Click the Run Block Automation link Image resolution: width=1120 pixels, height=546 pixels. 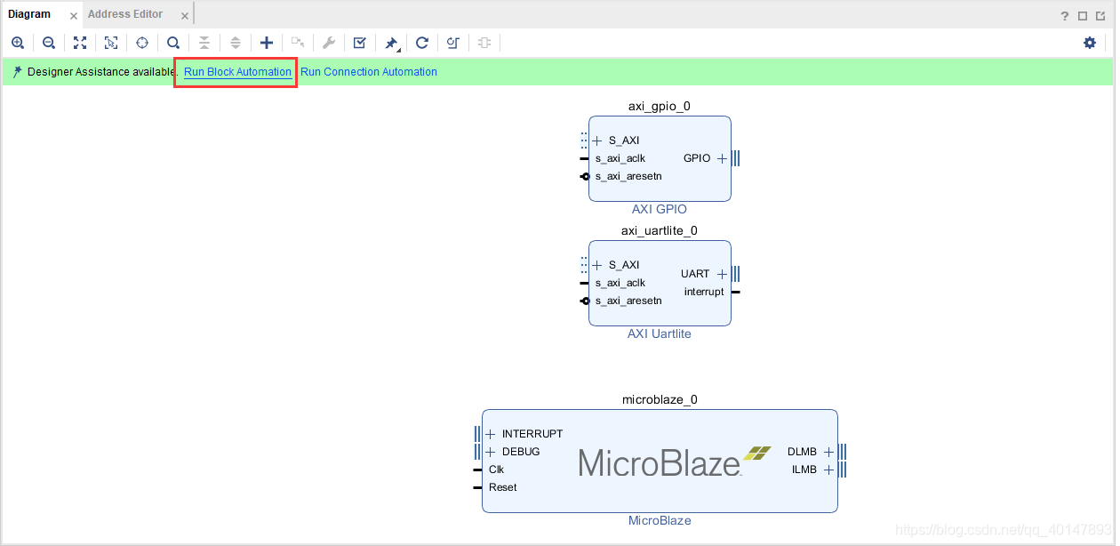[x=237, y=72]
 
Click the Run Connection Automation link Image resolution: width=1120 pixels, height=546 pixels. [x=369, y=72]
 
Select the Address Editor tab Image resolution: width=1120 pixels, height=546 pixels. [x=125, y=14]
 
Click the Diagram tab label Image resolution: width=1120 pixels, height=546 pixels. [x=29, y=14]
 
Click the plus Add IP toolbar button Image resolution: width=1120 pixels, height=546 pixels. [x=267, y=43]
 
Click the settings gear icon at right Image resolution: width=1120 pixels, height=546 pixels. [x=1090, y=43]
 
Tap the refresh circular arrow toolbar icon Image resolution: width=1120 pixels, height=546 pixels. [x=422, y=43]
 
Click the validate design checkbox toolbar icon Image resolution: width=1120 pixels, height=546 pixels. [x=359, y=43]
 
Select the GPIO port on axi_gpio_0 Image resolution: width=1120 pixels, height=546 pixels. [x=697, y=158]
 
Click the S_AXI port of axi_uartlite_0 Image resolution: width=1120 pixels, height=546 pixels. [x=623, y=265]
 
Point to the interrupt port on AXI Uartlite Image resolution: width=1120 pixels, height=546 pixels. [x=704, y=292]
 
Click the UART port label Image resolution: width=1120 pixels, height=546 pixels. [x=695, y=274]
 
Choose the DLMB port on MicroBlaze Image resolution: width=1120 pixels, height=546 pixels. [x=802, y=452]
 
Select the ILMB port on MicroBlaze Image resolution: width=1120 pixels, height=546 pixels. [x=804, y=470]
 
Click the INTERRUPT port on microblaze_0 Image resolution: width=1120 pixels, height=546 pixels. [x=532, y=434]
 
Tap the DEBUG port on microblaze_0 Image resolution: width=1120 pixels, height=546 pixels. [x=520, y=452]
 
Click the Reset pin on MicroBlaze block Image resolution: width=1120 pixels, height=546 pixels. [x=502, y=487]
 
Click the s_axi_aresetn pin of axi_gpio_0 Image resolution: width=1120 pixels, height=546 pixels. [x=628, y=176]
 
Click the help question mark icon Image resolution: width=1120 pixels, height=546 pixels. [x=1065, y=16]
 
